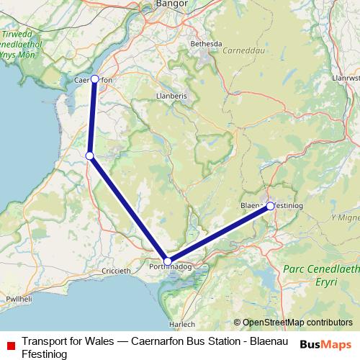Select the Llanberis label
171,94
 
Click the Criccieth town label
115,271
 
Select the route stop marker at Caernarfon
94,79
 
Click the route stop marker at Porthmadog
168,261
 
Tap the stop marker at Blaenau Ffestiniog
270,206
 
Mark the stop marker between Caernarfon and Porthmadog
89,156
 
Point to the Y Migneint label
344,217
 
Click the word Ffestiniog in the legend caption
45,354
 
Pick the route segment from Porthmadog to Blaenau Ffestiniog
219,234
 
